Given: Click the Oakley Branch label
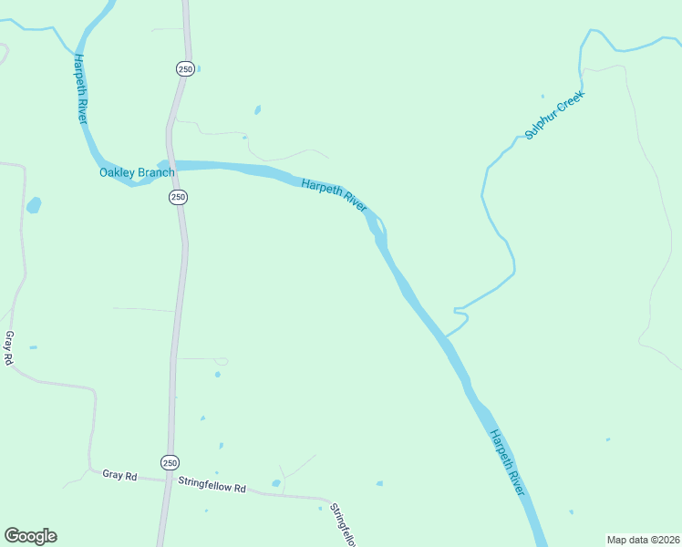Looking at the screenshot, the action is [137, 172].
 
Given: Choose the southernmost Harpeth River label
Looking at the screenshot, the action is [508, 463].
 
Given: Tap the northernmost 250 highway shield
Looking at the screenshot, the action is [184, 68].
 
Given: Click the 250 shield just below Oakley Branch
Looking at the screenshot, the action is [178, 197].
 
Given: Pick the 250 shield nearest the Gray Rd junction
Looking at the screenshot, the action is [170, 462].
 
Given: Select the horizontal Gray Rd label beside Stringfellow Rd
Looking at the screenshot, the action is [119, 475].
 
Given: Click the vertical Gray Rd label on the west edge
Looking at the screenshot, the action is [9, 348].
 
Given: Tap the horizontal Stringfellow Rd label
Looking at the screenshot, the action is [212, 484].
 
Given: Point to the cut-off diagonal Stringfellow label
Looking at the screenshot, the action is [342, 525].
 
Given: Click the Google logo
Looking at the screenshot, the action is [31, 535].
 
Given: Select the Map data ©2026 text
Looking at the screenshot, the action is [643, 539].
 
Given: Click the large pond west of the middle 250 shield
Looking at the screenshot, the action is [34, 205].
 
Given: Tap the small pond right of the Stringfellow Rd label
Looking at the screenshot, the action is [276, 483].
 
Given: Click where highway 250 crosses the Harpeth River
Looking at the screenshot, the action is [171, 165].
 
